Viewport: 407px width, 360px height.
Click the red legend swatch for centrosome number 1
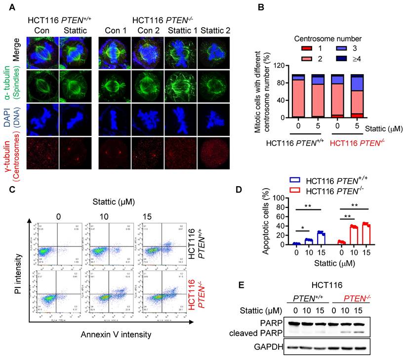[x=307, y=47]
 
